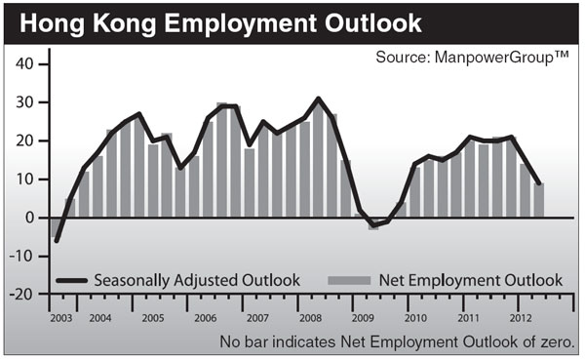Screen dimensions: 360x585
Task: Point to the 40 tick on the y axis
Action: [25, 64]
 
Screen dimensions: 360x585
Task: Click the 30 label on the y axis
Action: [25, 102]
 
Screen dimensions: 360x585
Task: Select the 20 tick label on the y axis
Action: [25, 140]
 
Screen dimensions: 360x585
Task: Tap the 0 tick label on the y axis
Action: [30, 218]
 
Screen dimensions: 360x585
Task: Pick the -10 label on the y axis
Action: [21, 256]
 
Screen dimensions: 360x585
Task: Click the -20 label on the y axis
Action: [21, 294]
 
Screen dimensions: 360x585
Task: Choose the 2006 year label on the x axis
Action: [207, 318]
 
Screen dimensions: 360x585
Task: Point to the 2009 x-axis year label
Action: [363, 318]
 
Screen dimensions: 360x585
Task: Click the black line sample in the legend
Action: [73, 280]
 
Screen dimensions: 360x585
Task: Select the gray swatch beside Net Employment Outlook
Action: [351, 280]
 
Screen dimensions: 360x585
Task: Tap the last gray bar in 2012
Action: [539, 200]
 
